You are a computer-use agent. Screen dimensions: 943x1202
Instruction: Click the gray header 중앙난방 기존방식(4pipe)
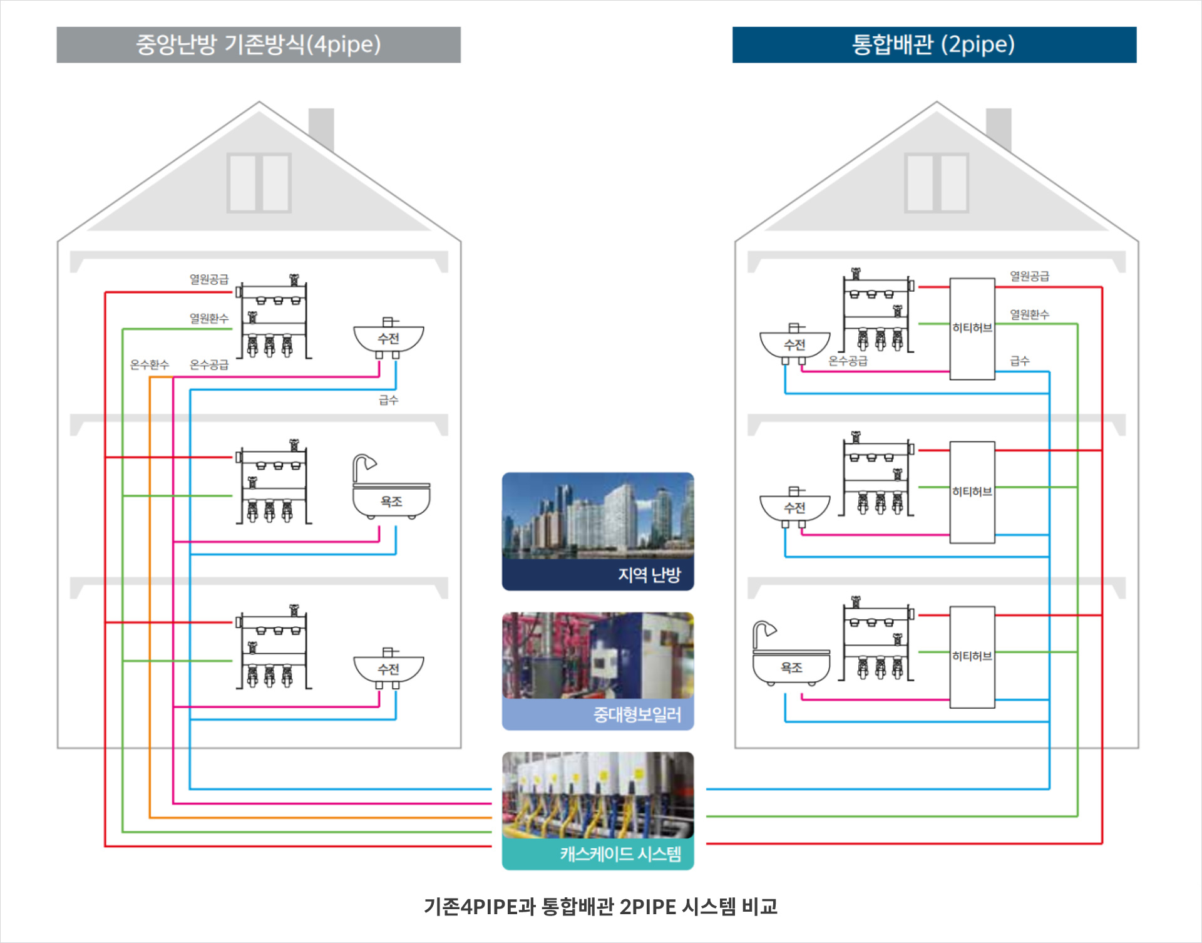(x=259, y=44)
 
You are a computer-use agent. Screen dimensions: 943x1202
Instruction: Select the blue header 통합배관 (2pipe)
(x=934, y=44)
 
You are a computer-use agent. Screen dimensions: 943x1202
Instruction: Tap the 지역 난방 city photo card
(x=598, y=531)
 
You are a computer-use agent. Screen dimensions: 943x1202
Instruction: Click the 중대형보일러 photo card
(x=598, y=671)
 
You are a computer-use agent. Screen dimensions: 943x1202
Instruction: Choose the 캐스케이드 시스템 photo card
(x=598, y=810)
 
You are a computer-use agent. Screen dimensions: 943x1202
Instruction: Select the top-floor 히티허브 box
(x=972, y=329)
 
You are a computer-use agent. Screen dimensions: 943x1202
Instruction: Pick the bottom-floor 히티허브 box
(x=972, y=657)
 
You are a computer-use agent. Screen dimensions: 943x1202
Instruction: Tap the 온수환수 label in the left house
(x=149, y=364)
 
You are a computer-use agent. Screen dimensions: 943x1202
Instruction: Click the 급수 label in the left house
(x=388, y=400)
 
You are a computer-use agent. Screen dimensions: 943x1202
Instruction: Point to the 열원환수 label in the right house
(x=1029, y=314)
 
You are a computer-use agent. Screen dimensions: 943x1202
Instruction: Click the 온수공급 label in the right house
(x=848, y=361)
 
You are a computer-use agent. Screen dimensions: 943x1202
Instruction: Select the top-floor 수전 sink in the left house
(x=388, y=339)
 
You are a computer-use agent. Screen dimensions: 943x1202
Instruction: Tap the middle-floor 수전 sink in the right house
(x=794, y=507)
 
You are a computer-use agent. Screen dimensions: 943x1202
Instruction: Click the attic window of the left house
(x=259, y=183)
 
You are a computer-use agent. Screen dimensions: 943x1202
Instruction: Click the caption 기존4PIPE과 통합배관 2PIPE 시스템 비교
(x=600, y=907)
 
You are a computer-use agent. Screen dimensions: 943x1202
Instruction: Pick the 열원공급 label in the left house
(x=209, y=279)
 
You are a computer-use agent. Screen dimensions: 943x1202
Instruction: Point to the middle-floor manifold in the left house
(x=274, y=483)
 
